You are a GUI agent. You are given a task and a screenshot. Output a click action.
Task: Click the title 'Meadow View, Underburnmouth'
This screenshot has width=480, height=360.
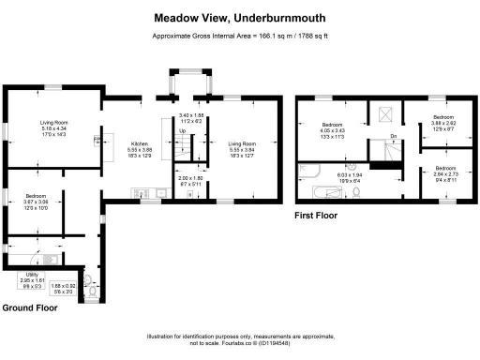pos(239,18)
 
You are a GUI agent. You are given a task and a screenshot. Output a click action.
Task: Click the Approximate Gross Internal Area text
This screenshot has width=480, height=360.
pos(239,37)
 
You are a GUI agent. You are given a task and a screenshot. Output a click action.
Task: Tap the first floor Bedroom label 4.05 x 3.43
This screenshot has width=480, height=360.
pos(334,130)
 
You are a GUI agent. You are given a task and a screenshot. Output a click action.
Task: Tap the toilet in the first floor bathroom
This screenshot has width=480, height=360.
pos(358,193)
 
